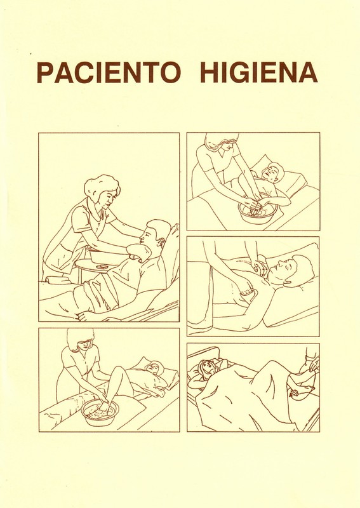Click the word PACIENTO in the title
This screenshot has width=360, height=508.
(x=109, y=72)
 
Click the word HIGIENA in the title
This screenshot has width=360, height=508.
(x=259, y=72)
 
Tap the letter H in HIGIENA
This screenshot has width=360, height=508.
(x=210, y=72)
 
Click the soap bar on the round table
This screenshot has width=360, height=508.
(x=103, y=266)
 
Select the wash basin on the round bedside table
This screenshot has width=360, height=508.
(x=97, y=255)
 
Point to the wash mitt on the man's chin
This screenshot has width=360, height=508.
(x=138, y=252)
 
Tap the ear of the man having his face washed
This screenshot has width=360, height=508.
(x=161, y=241)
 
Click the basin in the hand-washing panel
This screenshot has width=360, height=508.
(x=257, y=212)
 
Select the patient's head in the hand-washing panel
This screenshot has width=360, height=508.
(x=272, y=172)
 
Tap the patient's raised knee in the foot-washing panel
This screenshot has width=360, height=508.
(x=118, y=370)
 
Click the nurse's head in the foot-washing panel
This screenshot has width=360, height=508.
(x=81, y=339)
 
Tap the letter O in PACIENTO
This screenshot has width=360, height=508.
(x=169, y=72)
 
